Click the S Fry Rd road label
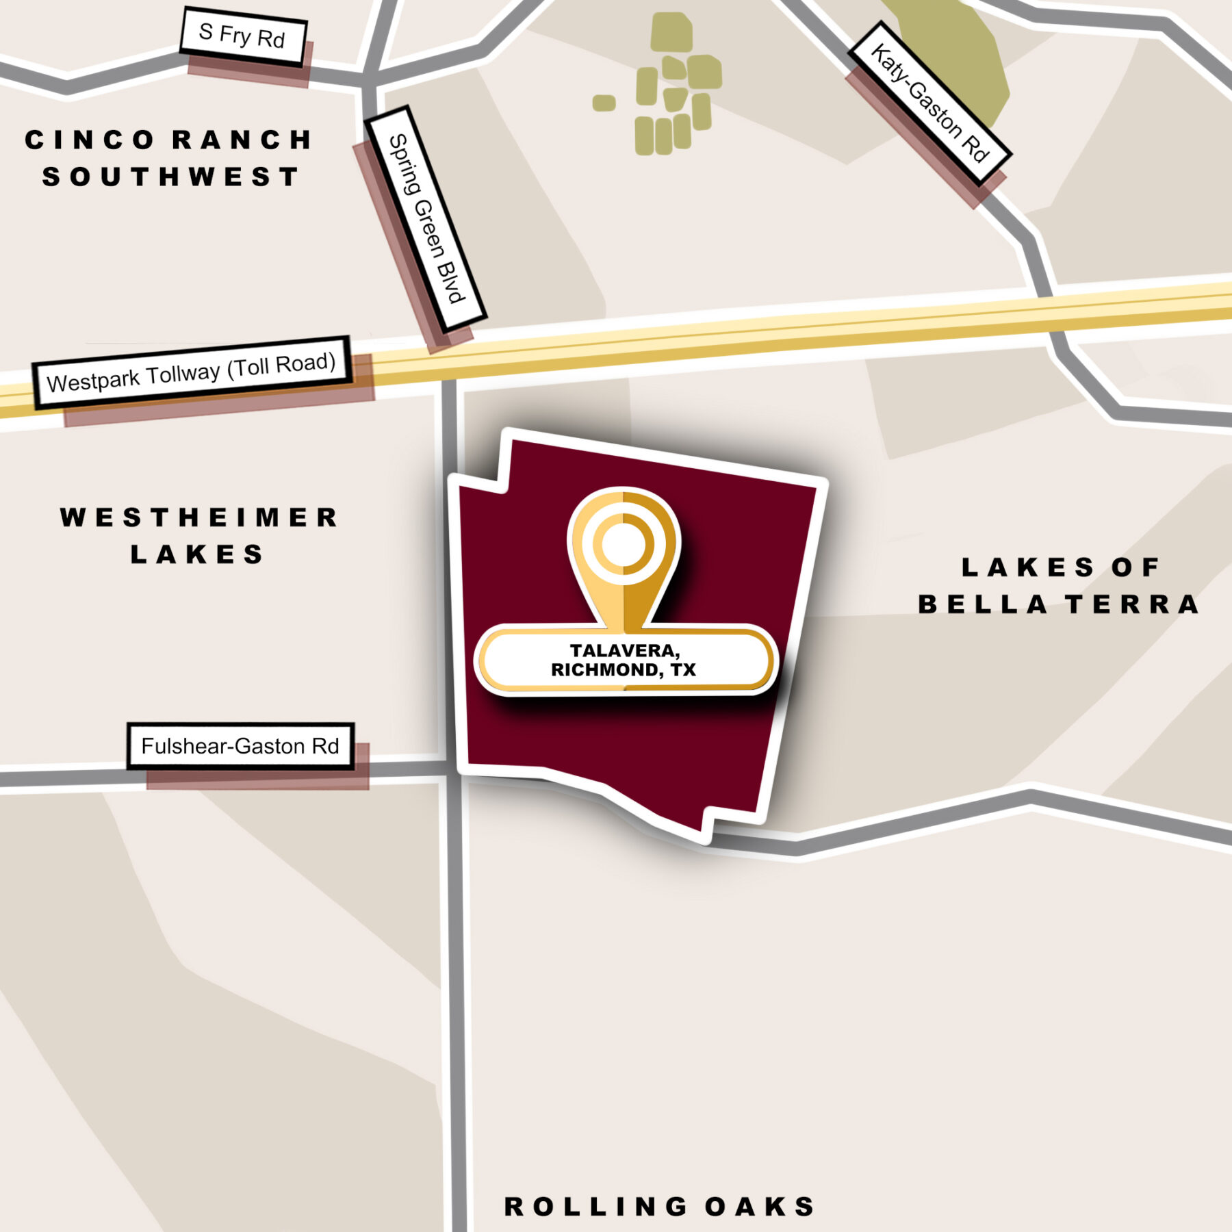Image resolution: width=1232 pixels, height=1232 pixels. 242,36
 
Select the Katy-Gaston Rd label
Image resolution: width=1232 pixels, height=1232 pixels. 929,103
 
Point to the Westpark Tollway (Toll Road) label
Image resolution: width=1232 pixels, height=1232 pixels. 192,373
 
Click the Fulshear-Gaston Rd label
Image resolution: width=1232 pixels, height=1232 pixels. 240,745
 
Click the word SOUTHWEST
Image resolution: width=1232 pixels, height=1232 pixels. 170,177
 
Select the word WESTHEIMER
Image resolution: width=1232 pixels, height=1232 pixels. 199,517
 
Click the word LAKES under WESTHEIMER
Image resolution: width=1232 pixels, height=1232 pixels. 197,554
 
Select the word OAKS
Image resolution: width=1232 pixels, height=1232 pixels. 760,1207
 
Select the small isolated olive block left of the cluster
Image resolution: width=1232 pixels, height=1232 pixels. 604,103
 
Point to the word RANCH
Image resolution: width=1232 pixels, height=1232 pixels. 242,140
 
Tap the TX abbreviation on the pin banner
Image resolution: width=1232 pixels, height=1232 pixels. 683,669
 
